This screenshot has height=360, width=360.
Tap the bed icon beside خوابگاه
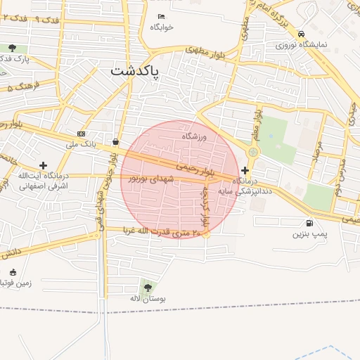tap(162, 16)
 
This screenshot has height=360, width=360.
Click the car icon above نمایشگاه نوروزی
tap(301, 34)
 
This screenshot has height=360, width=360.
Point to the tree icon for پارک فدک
tap(12, 48)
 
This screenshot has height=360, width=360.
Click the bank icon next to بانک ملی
tap(82, 134)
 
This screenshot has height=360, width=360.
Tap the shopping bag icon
tap(115, 141)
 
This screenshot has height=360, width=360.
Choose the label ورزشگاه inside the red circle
tap(195, 136)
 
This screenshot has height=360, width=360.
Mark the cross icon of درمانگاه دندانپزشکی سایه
tap(245, 170)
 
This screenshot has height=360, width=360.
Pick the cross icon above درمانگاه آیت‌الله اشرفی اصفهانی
tap(43, 165)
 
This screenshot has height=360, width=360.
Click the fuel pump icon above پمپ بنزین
tap(310, 223)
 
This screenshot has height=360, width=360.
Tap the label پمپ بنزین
tap(310, 233)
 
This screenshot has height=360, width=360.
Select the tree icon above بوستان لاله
tap(147, 288)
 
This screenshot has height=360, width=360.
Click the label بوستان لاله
tap(147, 299)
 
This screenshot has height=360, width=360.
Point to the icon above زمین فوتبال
tap(12, 272)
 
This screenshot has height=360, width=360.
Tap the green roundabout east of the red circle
tap(253, 152)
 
